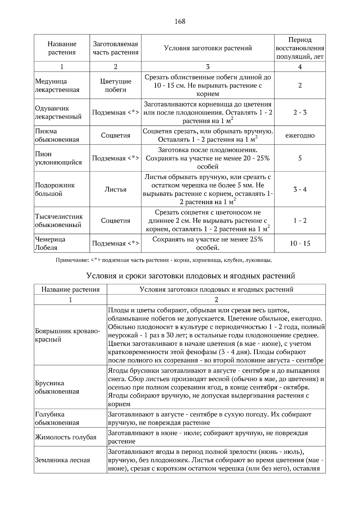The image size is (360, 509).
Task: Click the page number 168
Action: tap(180, 21)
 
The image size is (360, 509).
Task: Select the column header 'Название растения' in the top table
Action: tap(62, 48)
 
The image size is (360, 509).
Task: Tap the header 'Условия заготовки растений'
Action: tap(208, 48)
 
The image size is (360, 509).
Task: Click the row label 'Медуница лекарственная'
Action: tap(57, 85)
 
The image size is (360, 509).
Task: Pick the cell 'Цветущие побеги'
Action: tap(115, 85)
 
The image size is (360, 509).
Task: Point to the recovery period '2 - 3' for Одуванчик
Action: tap(300, 112)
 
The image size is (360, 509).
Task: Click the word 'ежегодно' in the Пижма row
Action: tap(300, 135)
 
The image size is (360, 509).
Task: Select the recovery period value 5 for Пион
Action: tap(300, 158)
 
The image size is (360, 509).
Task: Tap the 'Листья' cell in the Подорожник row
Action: tap(115, 189)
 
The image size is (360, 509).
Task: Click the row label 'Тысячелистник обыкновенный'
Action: tap(59, 220)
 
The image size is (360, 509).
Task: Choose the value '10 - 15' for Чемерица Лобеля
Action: tap(300, 243)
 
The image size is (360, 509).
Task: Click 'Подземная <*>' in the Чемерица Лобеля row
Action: tap(115, 243)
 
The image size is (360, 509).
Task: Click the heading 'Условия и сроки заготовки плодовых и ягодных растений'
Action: tap(190, 275)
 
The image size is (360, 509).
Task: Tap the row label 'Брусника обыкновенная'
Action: tap(57, 387)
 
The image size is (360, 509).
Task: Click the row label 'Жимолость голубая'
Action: tap(66, 437)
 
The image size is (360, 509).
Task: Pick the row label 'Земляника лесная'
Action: tap(62, 460)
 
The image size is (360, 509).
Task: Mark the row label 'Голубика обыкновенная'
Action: tap(57, 418)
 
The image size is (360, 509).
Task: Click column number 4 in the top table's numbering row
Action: tap(300, 67)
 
